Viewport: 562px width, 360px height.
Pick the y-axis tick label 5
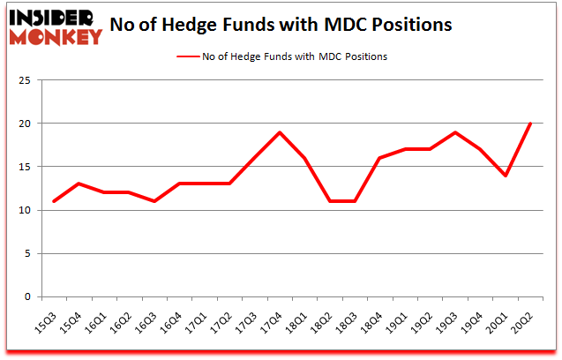tap(28, 254)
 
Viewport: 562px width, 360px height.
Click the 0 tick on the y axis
tap(28, 297)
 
